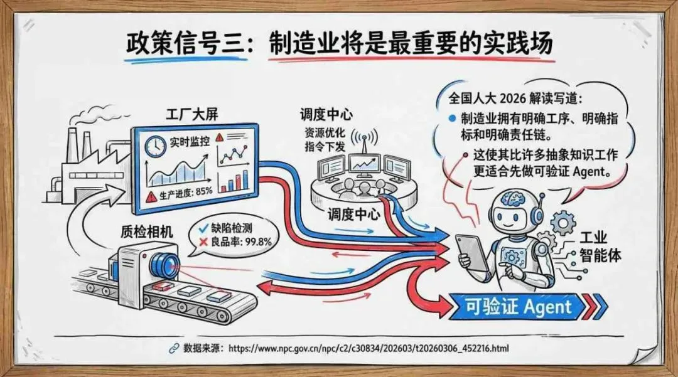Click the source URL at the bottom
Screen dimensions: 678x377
pos(369,348)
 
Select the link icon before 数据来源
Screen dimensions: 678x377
pos(173,348)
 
